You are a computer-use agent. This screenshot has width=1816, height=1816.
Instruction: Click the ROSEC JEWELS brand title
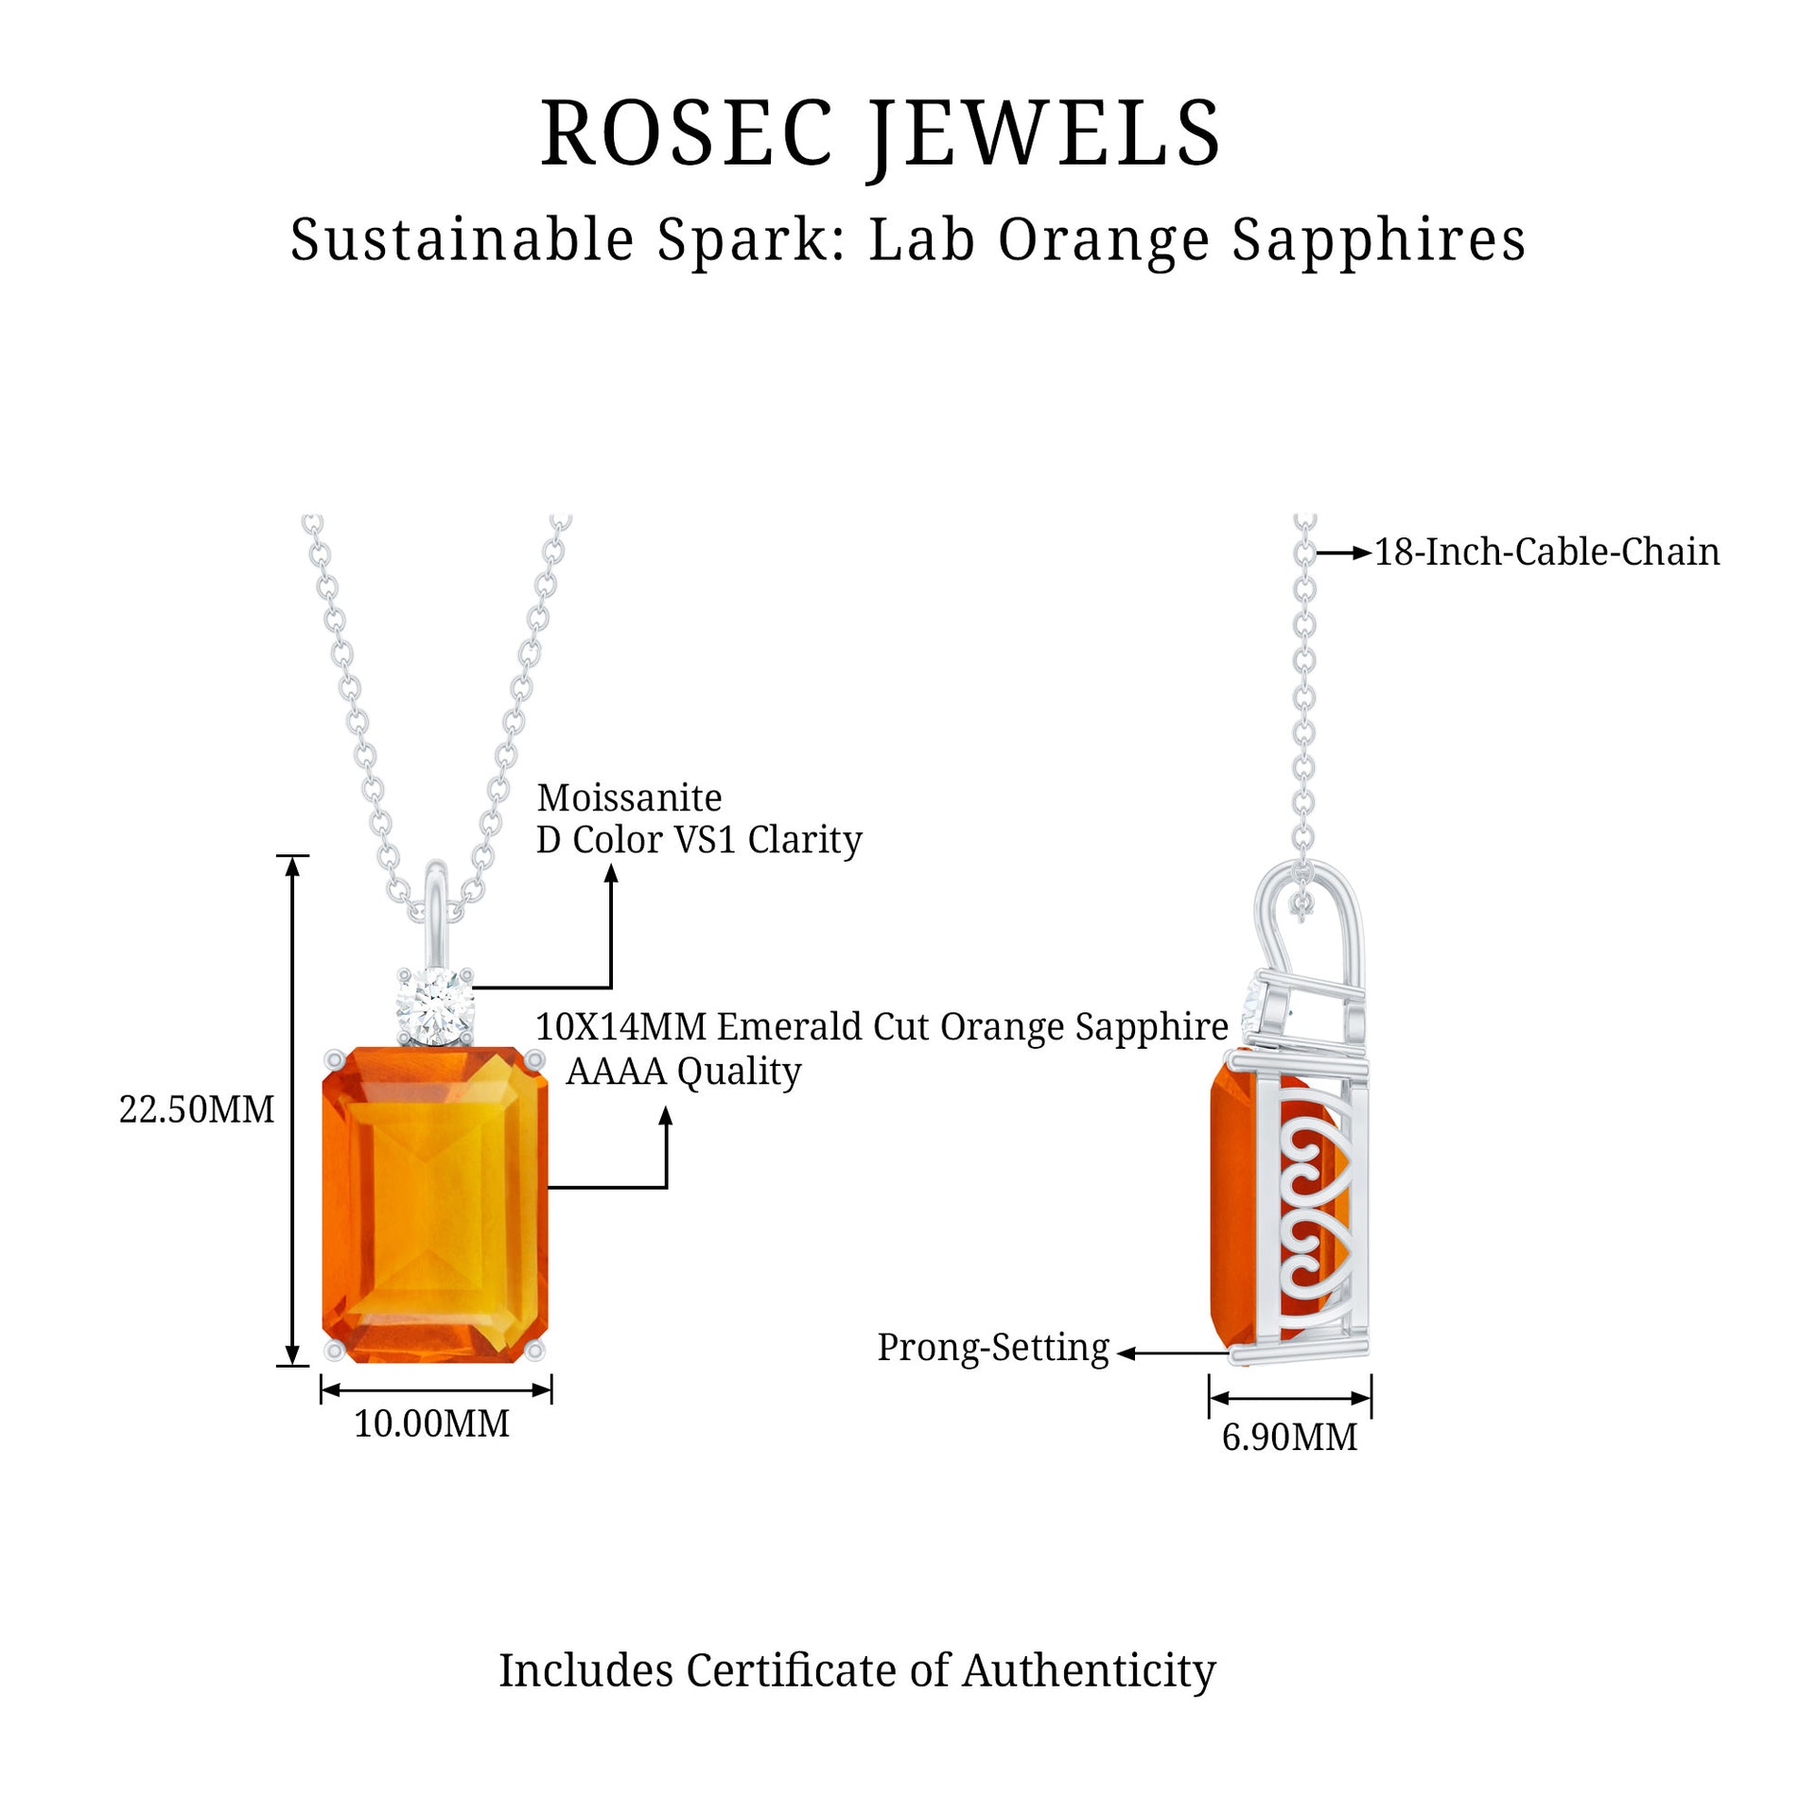pos(881,134)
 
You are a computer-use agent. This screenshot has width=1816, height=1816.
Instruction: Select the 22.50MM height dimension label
pos(196,1109)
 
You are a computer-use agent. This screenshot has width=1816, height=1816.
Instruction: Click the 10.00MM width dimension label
pos(431,1423)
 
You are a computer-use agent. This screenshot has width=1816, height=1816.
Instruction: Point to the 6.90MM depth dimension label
pos(1289,1437)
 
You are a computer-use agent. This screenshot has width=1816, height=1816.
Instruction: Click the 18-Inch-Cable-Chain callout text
pos(1546,552)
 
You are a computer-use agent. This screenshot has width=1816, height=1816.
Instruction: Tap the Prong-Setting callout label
pos(992,1348)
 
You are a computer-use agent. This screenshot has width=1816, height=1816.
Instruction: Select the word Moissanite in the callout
pos(629,798)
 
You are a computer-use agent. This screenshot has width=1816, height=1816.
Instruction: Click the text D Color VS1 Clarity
pos(699,840)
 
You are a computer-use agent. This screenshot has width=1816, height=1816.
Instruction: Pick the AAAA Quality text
pos(683,1071)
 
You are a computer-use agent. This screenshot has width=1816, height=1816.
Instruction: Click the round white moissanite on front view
pos(434,1004)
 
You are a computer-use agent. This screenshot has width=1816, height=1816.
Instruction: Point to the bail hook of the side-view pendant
pos(1310,908)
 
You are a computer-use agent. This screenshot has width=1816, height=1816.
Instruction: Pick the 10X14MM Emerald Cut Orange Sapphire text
pos(882,1026)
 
